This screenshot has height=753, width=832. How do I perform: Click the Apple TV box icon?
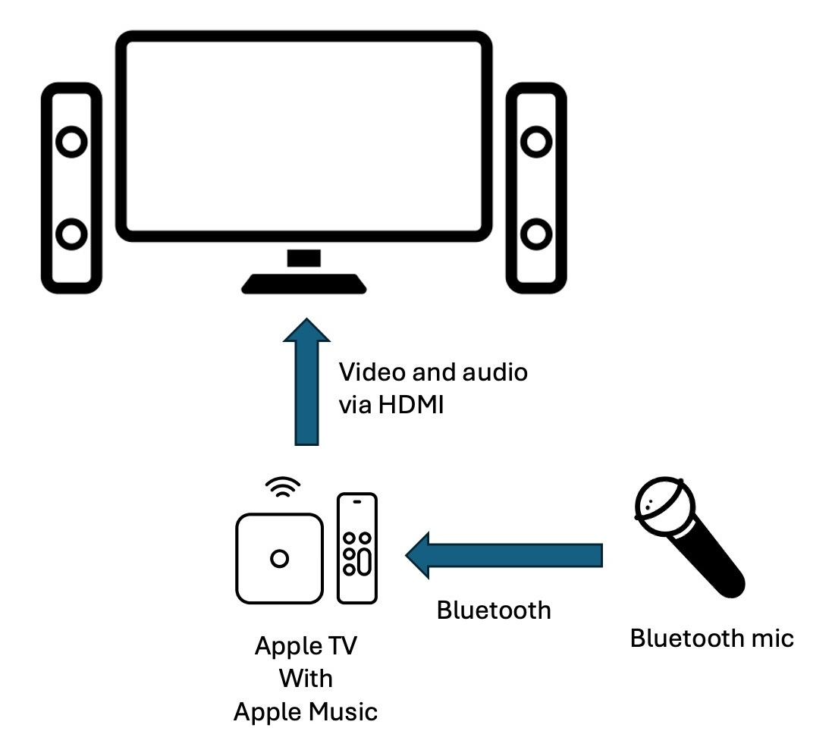click(x=279, y=557)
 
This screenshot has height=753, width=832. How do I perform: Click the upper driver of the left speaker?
click(x=71, y=142)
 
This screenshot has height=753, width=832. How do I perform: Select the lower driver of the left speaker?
click(x=71, y=234)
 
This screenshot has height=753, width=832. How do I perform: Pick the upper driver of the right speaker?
click(x=536, y=142)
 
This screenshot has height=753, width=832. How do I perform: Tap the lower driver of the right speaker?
click(x=536, y=234)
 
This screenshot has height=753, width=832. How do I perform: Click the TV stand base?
click(x=304, y=285)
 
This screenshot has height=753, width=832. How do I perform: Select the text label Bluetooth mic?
click(x=711, y=638)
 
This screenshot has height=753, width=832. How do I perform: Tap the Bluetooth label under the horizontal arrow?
click(x=494, y=610)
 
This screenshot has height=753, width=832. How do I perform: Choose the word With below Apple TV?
click(x=306, y=678)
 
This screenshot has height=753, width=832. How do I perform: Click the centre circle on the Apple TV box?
click(x=279, y=559)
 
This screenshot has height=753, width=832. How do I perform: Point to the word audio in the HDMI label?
click(x=494, y=372)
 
